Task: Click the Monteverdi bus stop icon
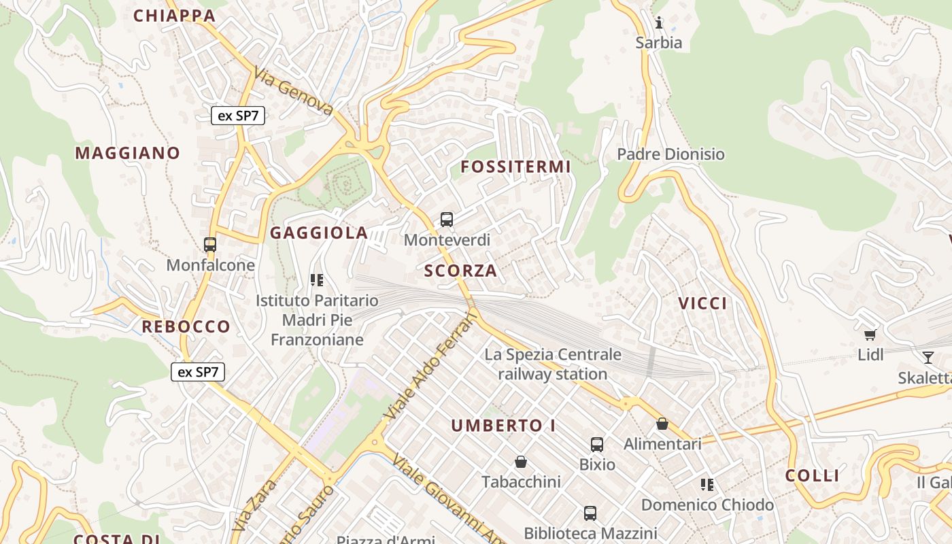[x=447, y=219]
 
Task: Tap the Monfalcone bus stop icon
[x=210, y=245]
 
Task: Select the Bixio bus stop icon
[x=597, y=445]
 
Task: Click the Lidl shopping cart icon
[x=870, y=335]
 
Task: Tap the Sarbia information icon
[x=658, y=23]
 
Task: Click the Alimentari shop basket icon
[x=662, y=424]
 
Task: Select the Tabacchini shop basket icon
[x=521, y=462]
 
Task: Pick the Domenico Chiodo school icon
[x=707, y=485]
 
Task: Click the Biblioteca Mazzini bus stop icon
[x=590, y=513]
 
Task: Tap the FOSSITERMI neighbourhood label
[x=515, y=167]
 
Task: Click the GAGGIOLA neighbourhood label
[x=319, y=233]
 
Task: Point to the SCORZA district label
[x=461, y=271]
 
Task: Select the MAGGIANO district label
[x=127, y=153]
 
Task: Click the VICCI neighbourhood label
[x=702, y=304]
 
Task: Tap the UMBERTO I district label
[x=504, y=426]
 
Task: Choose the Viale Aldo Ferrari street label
[x=430, y=366]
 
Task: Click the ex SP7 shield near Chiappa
[x=237, y=116]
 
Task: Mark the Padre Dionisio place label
[x=670, y=154]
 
